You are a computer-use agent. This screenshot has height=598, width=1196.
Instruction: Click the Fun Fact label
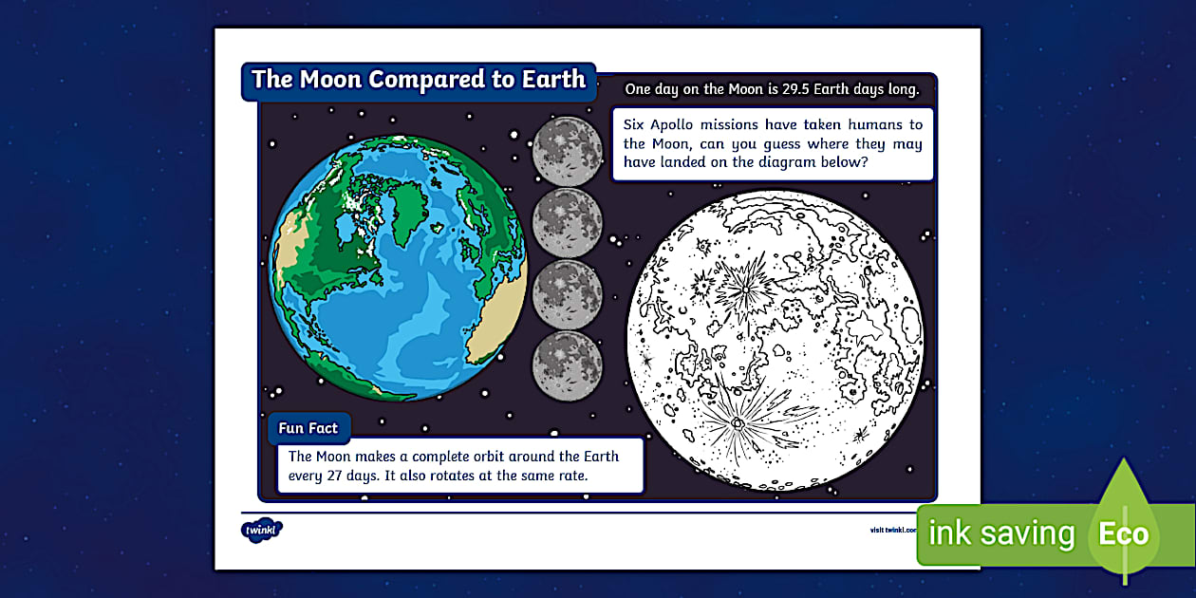(x=308, y=428)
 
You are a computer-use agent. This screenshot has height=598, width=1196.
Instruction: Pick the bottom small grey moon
(x=568, y=365)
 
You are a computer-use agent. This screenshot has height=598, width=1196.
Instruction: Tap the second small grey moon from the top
(x=568, y=222)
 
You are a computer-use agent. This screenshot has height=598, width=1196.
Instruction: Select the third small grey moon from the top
(x=568, y=293)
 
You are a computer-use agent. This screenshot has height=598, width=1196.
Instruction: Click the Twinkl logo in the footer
(x=261, y=529)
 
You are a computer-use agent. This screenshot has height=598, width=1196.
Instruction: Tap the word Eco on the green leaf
(x=1124, y=533)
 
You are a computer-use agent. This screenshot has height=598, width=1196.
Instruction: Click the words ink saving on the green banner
(x=1001, y=533)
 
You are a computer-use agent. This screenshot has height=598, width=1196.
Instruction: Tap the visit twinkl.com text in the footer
(x=892, y=530)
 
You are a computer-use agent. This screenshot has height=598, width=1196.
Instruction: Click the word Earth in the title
(x=553, y=80)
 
